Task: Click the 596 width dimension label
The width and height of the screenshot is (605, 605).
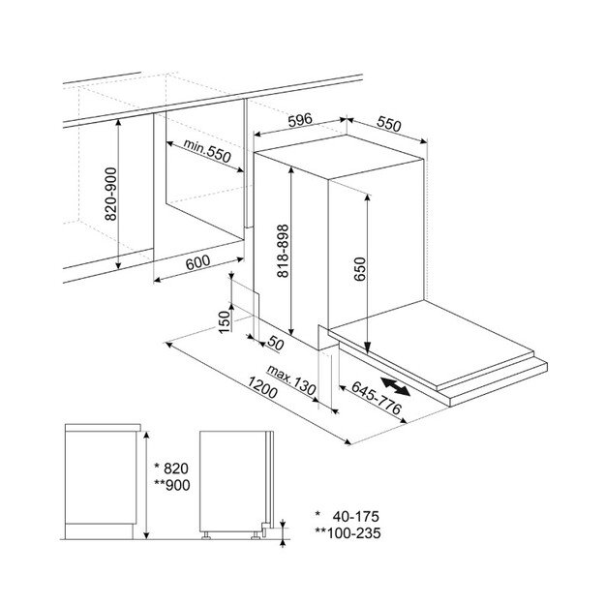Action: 300,120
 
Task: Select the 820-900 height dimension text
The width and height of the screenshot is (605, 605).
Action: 110,194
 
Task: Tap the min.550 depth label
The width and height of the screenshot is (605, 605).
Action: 207,150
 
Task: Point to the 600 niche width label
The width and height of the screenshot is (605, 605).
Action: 197,262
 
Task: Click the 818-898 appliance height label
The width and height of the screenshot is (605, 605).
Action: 283,251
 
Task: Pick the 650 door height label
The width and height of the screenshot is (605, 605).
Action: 359,269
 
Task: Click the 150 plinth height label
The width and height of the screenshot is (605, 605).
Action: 225,321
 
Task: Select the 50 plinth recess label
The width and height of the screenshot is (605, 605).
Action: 276,343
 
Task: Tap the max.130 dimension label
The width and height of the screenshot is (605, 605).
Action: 291,380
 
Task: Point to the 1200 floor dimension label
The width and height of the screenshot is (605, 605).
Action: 262,387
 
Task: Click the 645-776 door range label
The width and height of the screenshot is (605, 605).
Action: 377,398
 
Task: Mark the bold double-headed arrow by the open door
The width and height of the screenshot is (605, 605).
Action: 396,387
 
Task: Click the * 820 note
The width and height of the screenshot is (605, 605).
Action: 171,469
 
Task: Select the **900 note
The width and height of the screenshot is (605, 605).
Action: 172,485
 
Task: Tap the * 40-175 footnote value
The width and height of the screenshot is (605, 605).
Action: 348,516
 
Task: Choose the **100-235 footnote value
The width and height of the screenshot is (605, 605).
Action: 348,533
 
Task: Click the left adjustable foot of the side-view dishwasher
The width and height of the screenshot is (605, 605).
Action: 206,535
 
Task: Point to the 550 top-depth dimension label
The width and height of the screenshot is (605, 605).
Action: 389,124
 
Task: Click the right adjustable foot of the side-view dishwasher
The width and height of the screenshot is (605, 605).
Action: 256,535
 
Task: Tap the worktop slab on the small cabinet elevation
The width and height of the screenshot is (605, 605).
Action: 103,428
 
